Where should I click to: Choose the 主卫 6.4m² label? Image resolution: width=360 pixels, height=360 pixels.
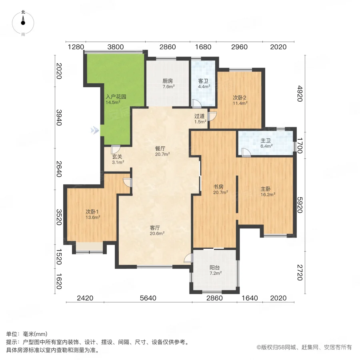pyautogui.click(x=266, y=143)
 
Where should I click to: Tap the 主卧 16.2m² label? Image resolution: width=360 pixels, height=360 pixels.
pyautogui.click(x=268, y=192)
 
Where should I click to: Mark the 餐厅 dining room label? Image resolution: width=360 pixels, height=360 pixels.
pyautogui.click(x=163, y=151)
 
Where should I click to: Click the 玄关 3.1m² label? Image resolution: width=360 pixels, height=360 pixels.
pyautogui.click(x=118, y=160)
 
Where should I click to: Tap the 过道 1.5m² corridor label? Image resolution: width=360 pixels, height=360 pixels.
pyautogui.click(x=200, y=119)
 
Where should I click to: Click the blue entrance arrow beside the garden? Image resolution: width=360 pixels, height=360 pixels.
pyautogui.click(x=94, y=130)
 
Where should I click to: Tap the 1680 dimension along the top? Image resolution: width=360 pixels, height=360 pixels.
pyautogui.click(x=203, y=47)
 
